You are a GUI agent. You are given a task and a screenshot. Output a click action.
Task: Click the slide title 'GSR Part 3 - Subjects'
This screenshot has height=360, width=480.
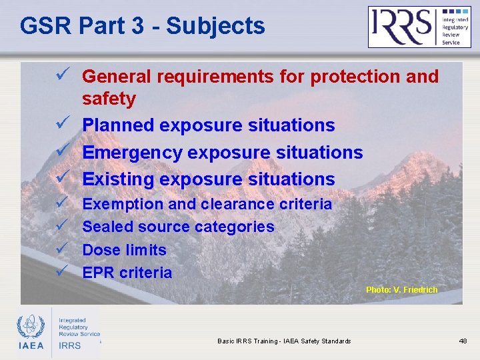click(x=142, y=26)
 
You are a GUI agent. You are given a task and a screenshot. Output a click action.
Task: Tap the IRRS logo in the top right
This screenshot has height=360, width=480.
click(x=419, y=27)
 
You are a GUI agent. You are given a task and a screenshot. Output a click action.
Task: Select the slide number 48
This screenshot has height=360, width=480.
click(x=463, y=341)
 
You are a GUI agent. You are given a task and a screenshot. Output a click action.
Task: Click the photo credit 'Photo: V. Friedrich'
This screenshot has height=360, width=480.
click(x=401, y=290)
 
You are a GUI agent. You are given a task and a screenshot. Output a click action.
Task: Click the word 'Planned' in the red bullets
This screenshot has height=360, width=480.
click(x=119, y=125)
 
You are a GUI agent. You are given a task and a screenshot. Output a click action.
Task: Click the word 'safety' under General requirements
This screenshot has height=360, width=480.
click(x=109, y=99)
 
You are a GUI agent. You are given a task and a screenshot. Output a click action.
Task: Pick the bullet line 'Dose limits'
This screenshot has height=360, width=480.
click(x=124, y=250)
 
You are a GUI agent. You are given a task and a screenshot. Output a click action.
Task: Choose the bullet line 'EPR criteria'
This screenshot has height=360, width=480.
click(x=127, y=273)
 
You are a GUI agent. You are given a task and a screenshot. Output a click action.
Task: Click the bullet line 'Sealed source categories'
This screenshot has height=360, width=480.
click(x=178, y=227)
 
